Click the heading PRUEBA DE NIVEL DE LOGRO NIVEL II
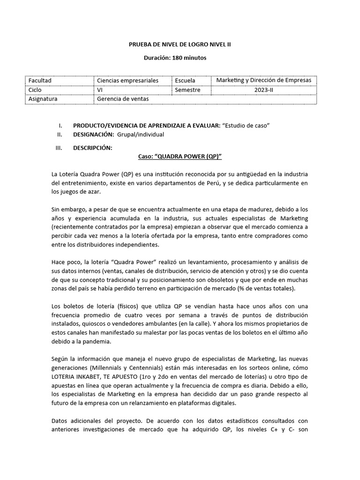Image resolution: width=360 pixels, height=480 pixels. point(180,45)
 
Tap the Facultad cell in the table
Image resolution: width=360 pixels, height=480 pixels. point(40,81)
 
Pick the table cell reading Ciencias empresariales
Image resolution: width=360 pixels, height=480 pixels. point(127,81)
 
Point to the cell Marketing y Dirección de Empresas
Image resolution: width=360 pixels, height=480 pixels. point(263,80)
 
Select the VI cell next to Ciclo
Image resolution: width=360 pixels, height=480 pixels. point(100,90)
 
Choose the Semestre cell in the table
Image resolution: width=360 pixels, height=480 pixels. point(187,90)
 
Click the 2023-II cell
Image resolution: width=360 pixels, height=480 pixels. point(263,90)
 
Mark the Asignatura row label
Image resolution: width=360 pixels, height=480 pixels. point(43,99)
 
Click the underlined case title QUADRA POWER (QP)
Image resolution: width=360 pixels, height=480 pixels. point(180,158)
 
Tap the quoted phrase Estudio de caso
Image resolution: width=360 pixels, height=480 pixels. point(247,126)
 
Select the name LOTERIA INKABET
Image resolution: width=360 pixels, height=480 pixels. point(75,378)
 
